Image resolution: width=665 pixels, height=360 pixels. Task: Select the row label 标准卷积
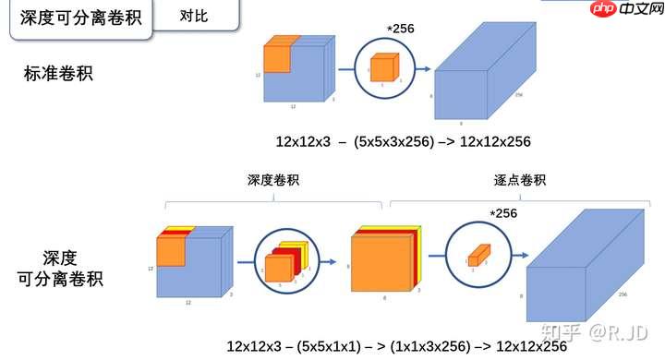tap(58, 73)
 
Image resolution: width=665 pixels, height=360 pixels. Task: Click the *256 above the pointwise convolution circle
tap(503, 213)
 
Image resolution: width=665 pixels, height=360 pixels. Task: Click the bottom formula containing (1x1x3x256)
tap(396, 346)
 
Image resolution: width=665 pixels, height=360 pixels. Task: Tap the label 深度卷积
tap(273, 181)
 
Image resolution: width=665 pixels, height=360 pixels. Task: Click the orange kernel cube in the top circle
tap(383, 69)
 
